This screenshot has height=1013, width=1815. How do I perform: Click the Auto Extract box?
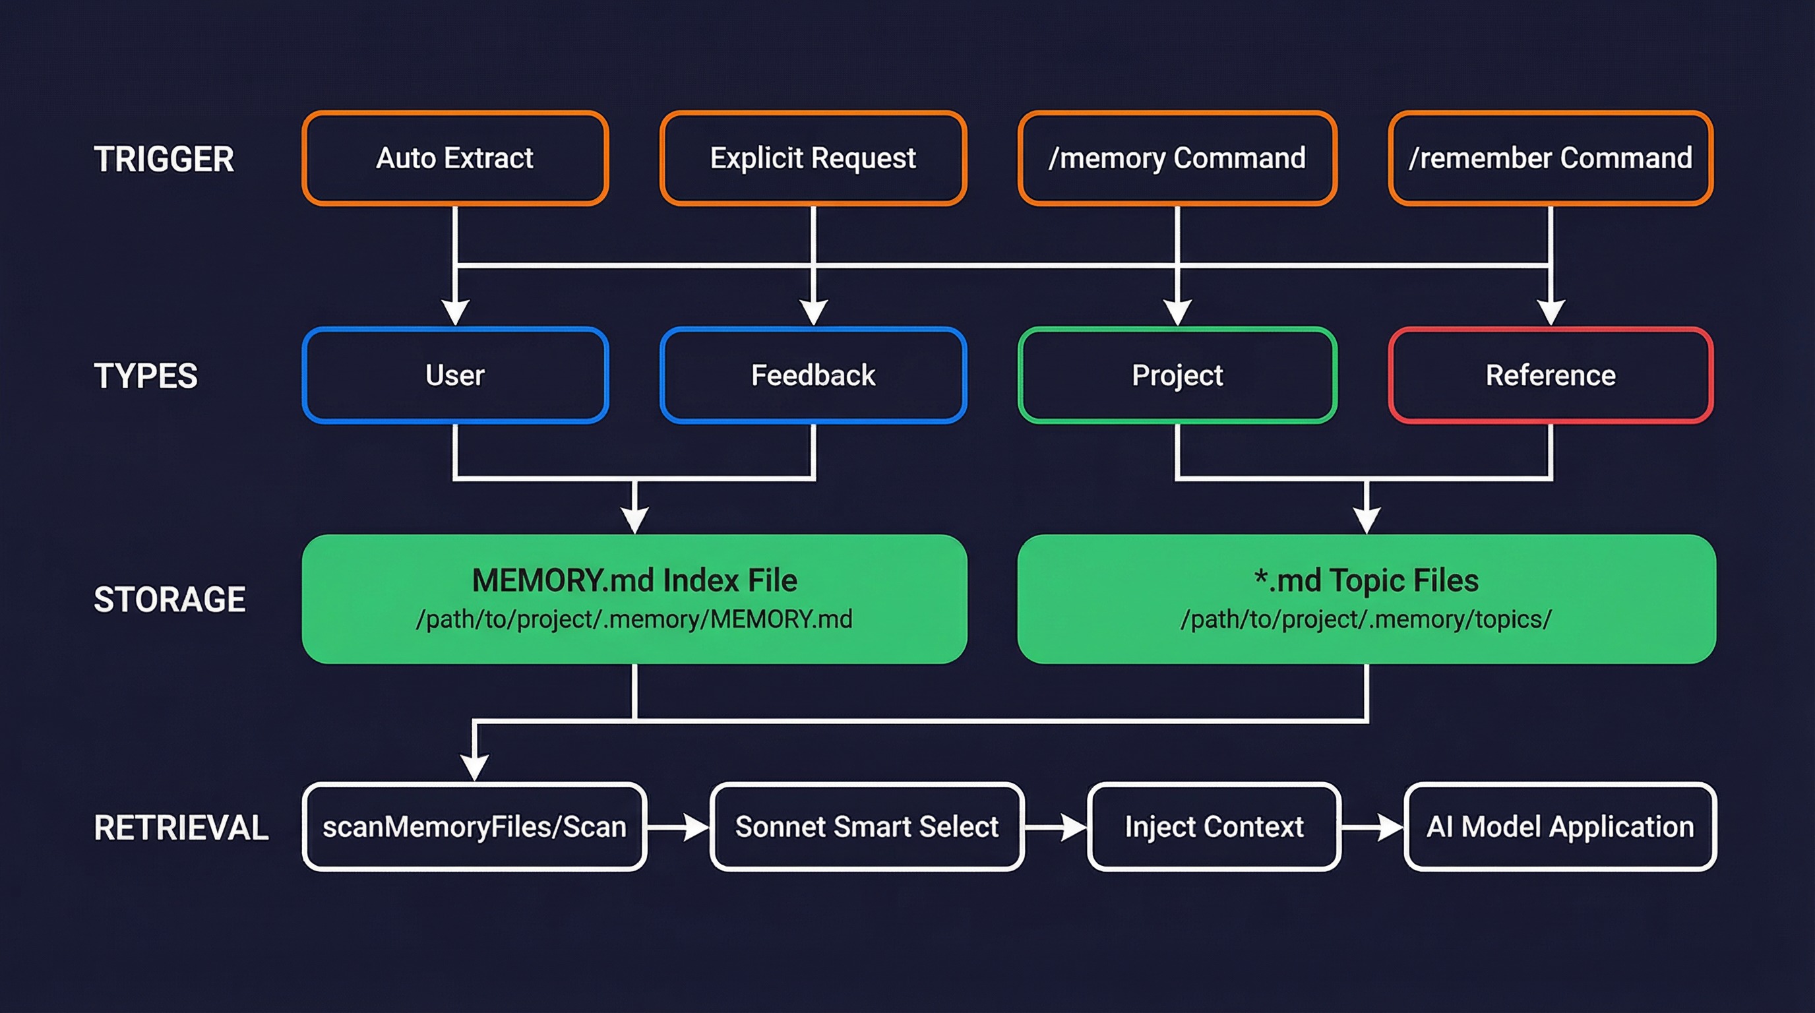coord(455,158)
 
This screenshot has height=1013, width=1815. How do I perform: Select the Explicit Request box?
coord(813,158)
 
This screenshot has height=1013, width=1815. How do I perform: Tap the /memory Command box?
coord(1177,158)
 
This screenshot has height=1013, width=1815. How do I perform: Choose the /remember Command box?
coord(1550,158)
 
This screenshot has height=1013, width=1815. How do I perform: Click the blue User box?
coord(455,375)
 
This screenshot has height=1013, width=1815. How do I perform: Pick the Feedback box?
coord(813,375)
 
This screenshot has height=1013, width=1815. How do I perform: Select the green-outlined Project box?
coord(1177,375)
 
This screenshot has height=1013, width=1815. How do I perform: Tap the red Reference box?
coord(1550,375)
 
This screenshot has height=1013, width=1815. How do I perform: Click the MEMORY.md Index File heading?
coord(634,580)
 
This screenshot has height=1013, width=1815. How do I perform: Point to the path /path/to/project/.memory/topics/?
coord(1365,619)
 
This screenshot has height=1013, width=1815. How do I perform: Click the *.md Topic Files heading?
coord(1365,580)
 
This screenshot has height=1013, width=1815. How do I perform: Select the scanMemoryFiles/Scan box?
coord(474,827)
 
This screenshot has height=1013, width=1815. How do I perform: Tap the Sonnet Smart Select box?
coord(867,827)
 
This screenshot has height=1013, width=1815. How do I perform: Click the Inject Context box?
coord(1214,827)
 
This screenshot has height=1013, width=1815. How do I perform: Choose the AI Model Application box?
coord(1560,827)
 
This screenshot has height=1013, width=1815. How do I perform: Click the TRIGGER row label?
coord(164,159)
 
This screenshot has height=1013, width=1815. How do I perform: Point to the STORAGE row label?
coord(169,599)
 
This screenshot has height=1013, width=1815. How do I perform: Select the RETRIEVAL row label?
coord(181,828)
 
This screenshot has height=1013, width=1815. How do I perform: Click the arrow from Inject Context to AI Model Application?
coord(1372,827)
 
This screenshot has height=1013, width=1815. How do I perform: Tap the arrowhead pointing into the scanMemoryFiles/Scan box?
coord(475,766)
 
